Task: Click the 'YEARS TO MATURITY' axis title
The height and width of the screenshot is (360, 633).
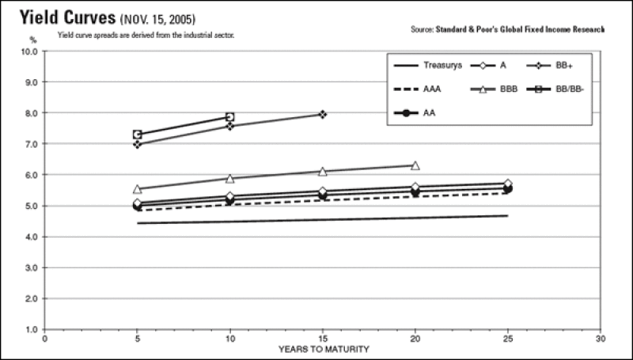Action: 323,348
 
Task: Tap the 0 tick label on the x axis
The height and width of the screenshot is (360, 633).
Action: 45,338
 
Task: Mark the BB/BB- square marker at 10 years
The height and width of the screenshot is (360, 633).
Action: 230,117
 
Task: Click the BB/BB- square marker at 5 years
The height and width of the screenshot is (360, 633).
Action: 138,135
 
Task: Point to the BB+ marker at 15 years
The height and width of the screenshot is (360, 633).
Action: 323,115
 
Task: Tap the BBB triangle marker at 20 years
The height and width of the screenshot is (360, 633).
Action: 415,165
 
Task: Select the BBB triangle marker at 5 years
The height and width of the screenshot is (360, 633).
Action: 138,189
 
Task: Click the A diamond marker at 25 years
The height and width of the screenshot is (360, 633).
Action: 507,184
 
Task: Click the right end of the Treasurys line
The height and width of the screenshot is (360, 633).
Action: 507,215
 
